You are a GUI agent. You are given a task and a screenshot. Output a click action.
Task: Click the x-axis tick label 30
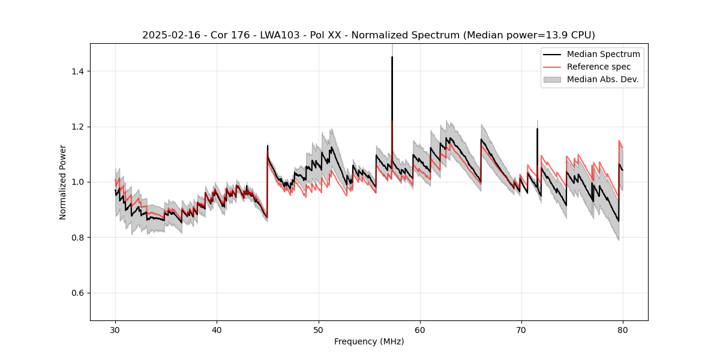115,330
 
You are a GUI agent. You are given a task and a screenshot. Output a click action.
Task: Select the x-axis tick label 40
217,330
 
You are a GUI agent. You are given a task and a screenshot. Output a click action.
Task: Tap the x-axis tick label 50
319,330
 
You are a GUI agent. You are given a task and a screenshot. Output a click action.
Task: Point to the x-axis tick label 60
420,330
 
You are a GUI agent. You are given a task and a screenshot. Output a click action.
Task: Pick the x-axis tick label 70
521,330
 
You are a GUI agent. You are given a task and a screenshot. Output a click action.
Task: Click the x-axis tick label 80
623,330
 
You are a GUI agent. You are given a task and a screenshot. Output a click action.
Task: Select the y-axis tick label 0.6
77,293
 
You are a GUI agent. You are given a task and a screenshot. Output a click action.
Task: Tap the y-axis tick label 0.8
77,238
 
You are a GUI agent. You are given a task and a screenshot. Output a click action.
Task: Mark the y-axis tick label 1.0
77,182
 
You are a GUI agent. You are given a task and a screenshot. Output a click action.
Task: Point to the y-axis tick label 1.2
77,127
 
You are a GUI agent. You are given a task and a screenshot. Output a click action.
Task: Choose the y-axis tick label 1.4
77,71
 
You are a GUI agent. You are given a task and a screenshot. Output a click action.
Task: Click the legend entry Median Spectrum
603,54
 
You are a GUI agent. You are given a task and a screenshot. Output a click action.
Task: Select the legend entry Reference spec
599,67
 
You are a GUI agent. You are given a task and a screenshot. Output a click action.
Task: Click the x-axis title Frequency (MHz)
369,341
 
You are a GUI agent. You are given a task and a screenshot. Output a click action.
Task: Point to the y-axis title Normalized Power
62,182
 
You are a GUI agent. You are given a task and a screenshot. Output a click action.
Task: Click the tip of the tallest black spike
392,57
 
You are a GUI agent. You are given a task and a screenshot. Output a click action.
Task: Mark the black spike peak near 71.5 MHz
537,128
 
